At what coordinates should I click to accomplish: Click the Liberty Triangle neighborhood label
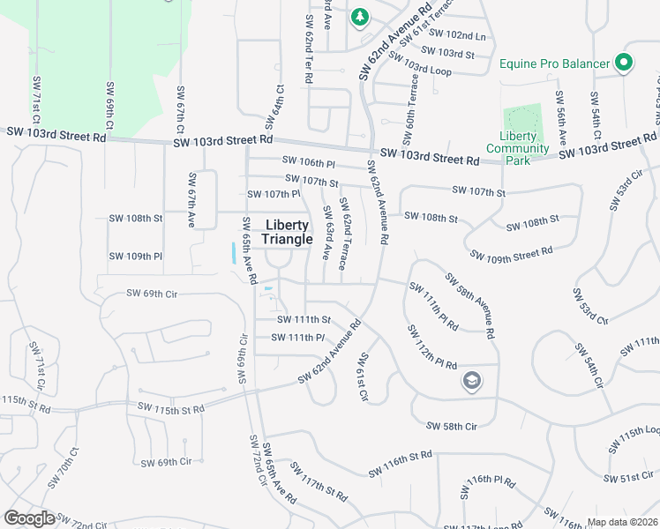pyautogui.click(x=287, y=232)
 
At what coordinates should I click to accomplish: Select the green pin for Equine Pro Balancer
pyautogui.click(x=624, y=63)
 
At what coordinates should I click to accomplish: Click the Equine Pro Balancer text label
pyautogui.click(x=554, y=63)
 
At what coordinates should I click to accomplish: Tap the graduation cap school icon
pyautogui.click(x=472, y=381)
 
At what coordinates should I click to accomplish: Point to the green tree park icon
pyautogui.click(x=359, y=17)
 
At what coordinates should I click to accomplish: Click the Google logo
pyautogui.click(x=29, y=518)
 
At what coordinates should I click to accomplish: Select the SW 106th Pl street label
pyautogui.click(x=309, y=162)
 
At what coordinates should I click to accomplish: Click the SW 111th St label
pyautogui.click(x=304, y=320)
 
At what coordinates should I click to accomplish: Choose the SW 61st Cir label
pyautogui.click(x=362, y=377)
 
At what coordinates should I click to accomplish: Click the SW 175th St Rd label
pyautogui.click(x=171, y=408)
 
